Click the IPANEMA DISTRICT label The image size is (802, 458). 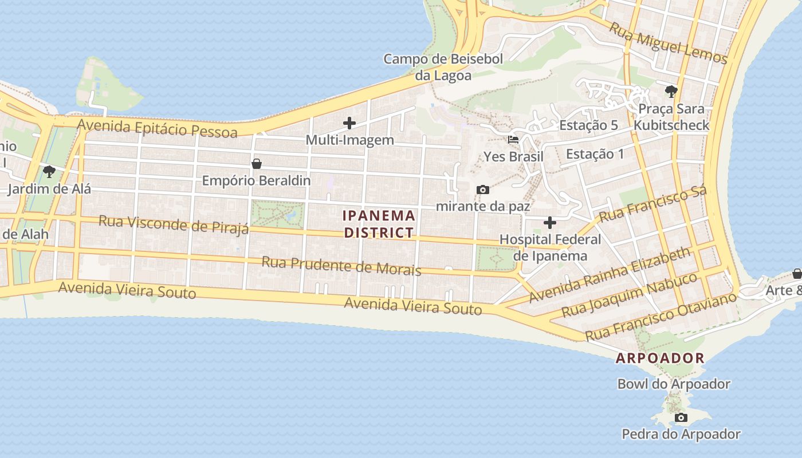tap(379, 224)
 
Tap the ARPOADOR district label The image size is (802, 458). tap(660, 358)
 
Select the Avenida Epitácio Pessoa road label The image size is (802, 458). tap(158, 128)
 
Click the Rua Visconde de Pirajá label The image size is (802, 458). tap(174, 224)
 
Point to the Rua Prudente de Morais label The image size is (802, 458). tap(341, 266)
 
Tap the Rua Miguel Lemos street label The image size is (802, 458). tap(668, 43)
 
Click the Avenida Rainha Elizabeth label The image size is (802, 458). tap(610, 275)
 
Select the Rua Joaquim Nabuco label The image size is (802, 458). tap(630, 295)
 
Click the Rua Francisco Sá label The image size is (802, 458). tap(653, 203)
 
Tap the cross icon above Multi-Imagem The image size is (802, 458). tap(349, 123)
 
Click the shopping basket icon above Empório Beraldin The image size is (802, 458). tap(257, 164)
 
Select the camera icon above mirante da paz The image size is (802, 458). tap(483, 189)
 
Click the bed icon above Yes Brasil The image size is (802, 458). tap(513, 139)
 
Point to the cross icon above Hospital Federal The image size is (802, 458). tap(550, 222)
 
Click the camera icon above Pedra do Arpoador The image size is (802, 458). tap(681, 417)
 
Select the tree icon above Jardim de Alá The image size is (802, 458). tap(49, 171)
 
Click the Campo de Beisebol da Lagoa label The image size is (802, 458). tap(443, 67)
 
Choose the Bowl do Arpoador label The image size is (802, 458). tap(674, 384)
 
